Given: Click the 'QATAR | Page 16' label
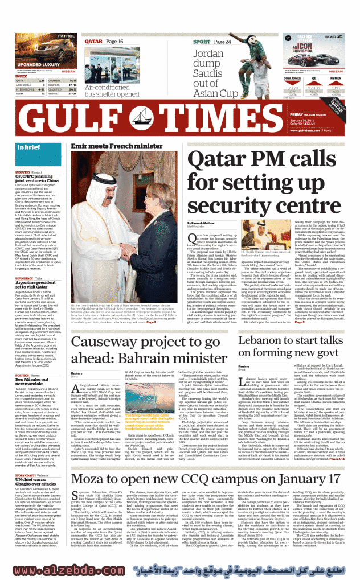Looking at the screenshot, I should (x=104, y=42).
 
